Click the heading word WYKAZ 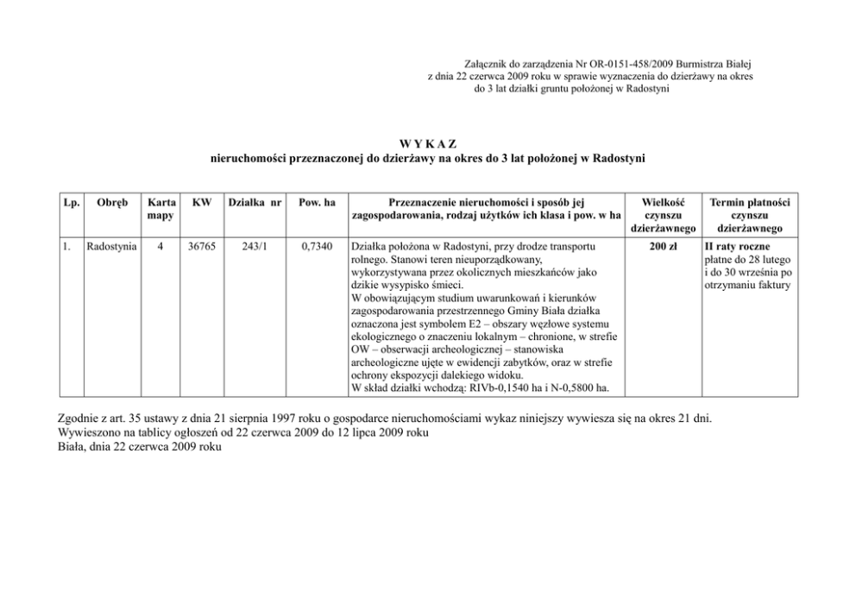coord(427,143)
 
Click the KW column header coord(202,202)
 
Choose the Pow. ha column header coord(316,202)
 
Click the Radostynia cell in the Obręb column coord(110,246)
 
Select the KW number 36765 coord(202,246)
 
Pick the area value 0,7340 coord(316,246)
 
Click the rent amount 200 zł coord(664,246)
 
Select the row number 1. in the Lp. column coord(67,246)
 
